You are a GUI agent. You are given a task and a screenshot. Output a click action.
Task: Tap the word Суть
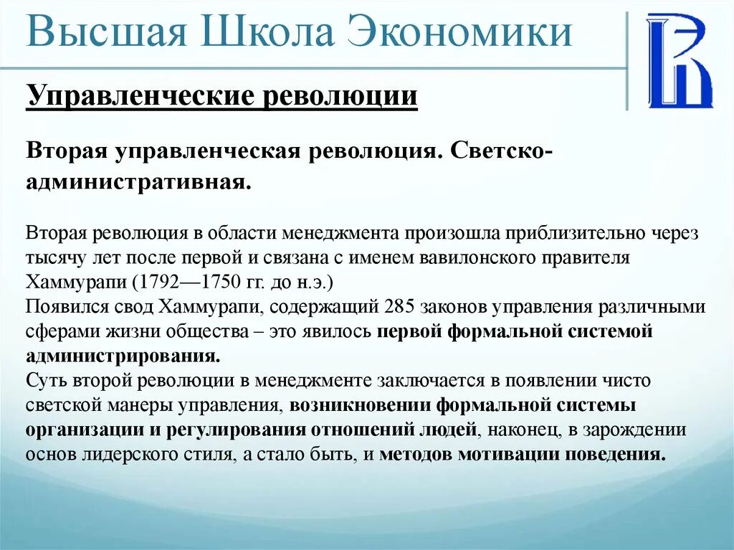44,380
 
